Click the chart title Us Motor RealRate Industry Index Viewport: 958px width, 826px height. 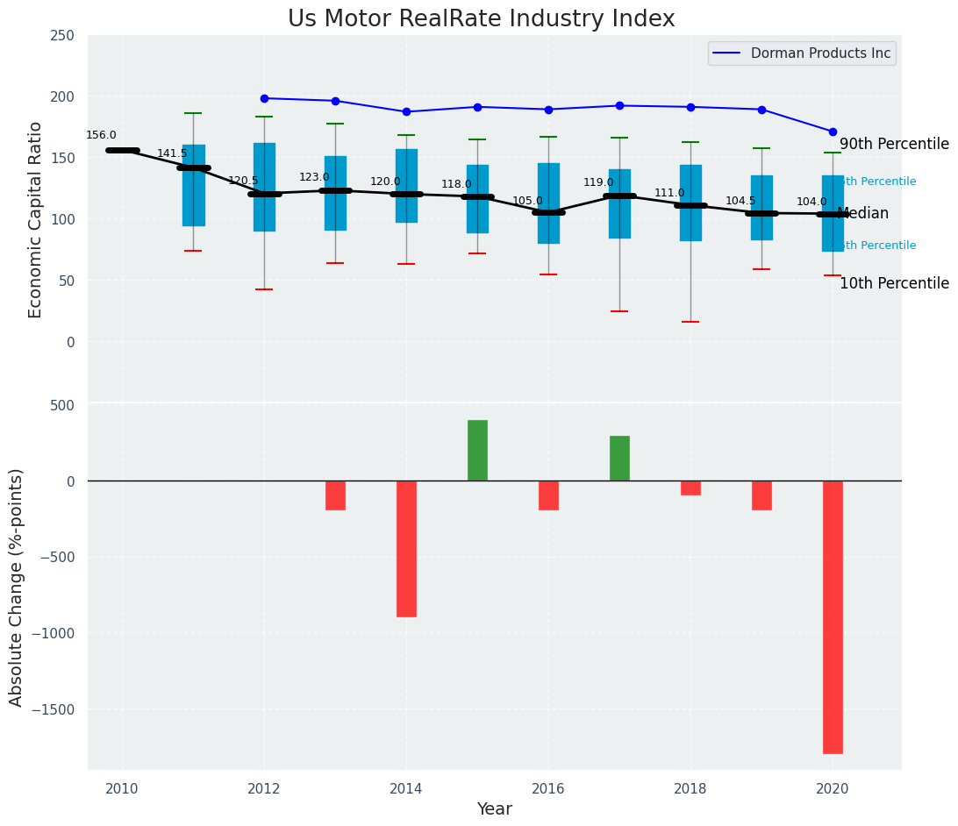481,19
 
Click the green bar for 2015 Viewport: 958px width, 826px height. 477,450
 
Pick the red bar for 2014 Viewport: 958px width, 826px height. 406,548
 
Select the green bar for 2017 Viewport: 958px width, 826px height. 619,458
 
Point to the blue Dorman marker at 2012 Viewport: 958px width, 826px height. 264,98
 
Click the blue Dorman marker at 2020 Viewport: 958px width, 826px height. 833,132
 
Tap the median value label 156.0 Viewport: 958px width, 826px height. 101,136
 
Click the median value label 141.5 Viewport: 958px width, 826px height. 172,153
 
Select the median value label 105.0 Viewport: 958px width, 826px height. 527,201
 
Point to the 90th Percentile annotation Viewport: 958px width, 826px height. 894,145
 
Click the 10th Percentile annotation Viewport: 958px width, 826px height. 894,283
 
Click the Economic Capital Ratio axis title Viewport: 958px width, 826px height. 36,219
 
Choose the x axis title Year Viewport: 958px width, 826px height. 494,809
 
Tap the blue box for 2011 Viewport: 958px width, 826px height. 194,185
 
